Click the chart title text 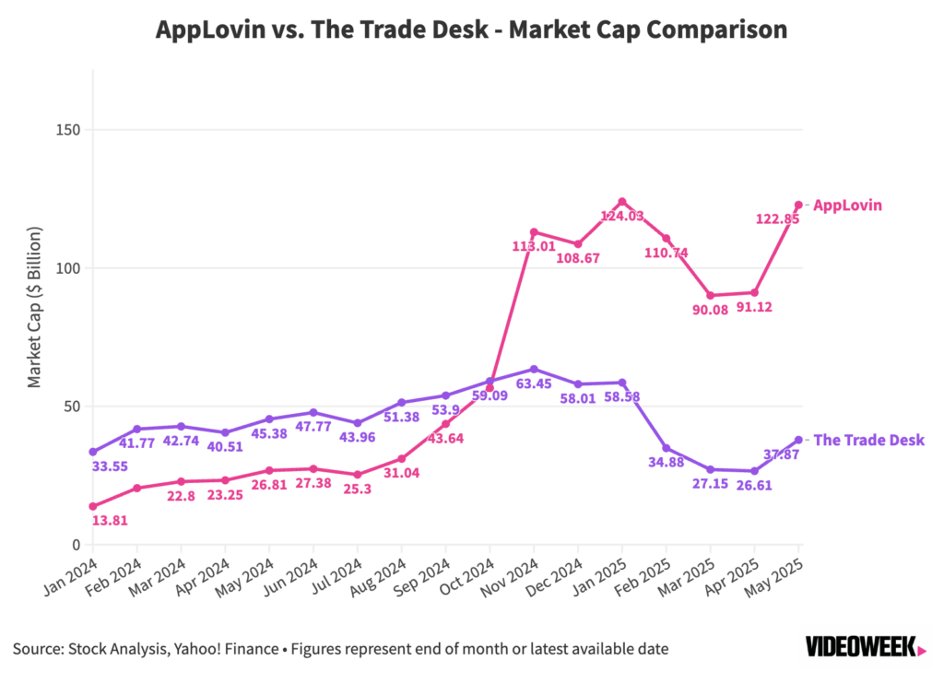pos(471,29)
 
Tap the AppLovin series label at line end pos(847,206)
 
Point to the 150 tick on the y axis pos(67,130)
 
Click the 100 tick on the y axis pos(67,268)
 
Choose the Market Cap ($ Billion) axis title pos(34,313)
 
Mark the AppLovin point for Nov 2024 pos(534,232)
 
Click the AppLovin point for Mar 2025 pos(711,295)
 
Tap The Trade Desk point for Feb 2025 pos(667,448)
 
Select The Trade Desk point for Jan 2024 pos(93,452)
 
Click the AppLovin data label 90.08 pos(711,310)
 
